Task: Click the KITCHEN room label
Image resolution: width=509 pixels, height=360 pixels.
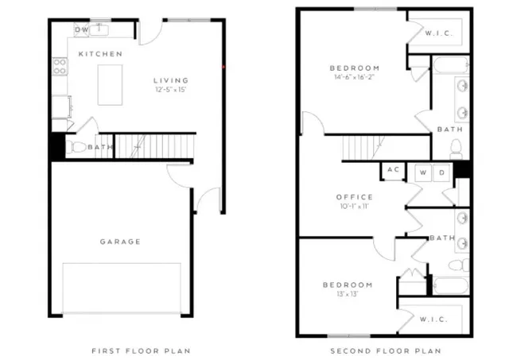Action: [100, 54]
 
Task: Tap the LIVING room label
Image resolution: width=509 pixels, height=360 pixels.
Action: [171, 80]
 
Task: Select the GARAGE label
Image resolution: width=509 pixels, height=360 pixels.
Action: [120, 242]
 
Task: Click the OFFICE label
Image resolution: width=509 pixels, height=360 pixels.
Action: [354, 197]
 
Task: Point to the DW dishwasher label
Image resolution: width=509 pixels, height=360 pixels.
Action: [82, 30]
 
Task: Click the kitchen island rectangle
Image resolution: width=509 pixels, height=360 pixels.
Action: [113, 84]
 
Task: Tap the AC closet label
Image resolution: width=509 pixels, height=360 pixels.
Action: [393, 170]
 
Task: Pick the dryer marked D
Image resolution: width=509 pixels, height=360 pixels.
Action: [441, 172]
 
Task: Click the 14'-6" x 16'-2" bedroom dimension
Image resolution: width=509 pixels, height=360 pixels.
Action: [354, 78]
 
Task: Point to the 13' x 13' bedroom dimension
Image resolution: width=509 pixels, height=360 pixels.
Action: [348, 294]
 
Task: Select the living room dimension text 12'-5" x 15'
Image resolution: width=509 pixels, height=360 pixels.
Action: [171, 90]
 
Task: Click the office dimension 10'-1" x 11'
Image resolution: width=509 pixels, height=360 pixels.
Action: [354, 207]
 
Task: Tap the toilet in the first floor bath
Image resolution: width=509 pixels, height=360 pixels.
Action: [77, 147]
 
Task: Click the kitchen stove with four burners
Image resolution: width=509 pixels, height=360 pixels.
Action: [60, 68]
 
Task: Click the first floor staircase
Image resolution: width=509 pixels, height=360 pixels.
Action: [155, 145]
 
